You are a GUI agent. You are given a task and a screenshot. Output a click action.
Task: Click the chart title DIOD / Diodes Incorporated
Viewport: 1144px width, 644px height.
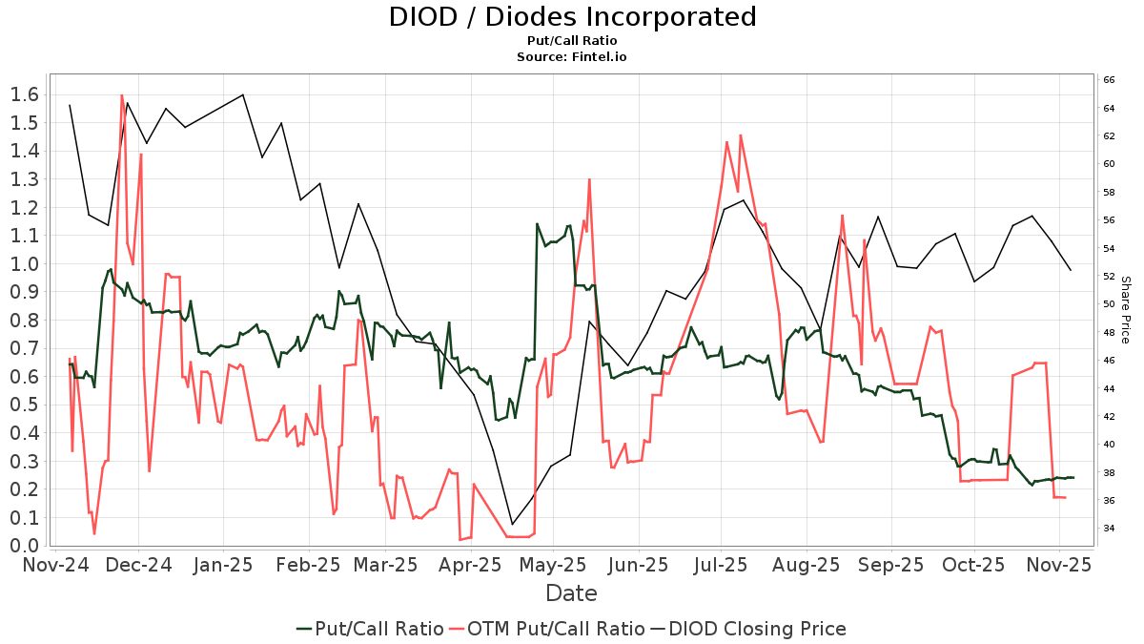coord(572,17)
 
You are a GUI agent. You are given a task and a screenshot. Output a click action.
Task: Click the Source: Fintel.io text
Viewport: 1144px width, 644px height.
coord(572,57)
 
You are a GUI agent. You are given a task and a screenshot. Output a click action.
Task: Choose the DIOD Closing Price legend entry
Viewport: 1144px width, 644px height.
coord(748,629)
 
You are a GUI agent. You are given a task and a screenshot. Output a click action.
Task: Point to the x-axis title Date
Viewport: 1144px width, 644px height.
coord(571,593)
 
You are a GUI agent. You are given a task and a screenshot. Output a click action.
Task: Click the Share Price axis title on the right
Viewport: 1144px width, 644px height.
coord(1125,310)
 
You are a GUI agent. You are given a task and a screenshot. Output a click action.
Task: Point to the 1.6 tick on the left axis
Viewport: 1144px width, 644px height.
coord(23,94)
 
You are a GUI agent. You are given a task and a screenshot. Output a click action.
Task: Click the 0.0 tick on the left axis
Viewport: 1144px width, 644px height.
coord(23,546)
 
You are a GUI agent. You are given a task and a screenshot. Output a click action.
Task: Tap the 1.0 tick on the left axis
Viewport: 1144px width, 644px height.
coord(23,263)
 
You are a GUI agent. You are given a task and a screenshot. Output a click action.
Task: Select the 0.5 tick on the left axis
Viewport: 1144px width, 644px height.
coord(23,405)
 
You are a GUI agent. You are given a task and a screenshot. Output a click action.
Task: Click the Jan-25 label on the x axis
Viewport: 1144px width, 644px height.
coord(223,565)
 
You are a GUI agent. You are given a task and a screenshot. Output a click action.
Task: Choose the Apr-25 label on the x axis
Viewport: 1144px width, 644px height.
coord(470,565)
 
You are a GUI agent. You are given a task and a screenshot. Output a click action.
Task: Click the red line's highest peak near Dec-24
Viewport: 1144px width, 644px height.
coord(122,95)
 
